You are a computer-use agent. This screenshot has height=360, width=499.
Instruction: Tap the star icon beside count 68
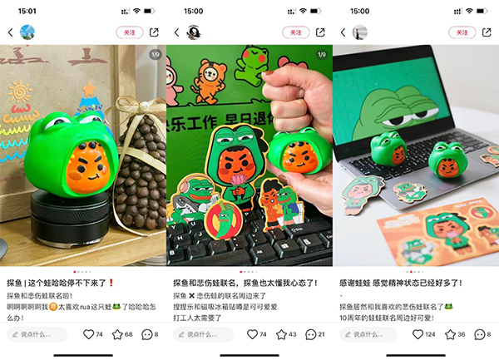pyautogui.click(x=116, y=334)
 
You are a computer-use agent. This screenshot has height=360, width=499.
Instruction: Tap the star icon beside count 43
pyautogui.click(x=283, y=334)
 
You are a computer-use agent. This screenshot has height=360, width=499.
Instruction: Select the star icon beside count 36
pyautogui.click(x=449, y=334)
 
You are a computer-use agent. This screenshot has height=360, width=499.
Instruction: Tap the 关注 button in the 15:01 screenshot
pyautogui.click(x=129, y=32)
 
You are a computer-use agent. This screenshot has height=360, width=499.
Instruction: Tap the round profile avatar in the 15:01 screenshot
pyautogui.click(x=27, y=32)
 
